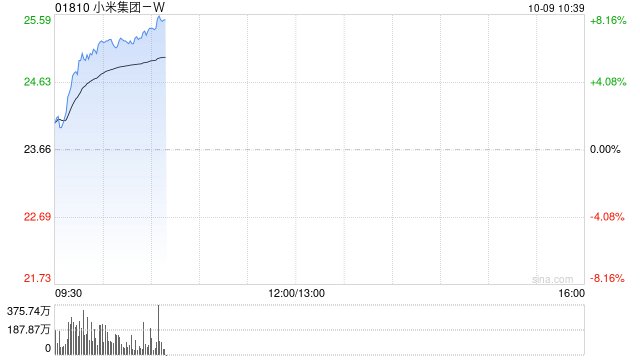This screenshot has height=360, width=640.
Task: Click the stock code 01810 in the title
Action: (x=72, y=8)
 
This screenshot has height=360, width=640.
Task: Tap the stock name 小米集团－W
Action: (x=129, y=8)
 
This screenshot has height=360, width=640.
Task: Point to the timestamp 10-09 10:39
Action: (x=556, y=8)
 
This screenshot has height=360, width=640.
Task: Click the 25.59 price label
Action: (x=38, y=20)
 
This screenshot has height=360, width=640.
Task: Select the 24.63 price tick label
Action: (x=38, y=82)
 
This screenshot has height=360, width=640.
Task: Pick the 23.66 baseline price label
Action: (x=38, y=149)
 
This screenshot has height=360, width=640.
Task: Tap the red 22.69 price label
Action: (x=38, y=216)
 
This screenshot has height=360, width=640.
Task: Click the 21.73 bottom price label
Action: (x=38, y=278)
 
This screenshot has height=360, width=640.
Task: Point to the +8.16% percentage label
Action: (x=608, y=20)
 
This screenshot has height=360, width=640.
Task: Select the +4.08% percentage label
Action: (x=608, y=82)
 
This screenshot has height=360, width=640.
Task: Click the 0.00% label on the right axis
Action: (x=605, y=149)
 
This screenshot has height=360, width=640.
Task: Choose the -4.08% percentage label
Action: (x=607, y=216)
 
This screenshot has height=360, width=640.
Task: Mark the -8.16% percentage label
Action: (x=607, y=278)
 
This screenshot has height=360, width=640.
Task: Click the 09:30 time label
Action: (x=68, y=293)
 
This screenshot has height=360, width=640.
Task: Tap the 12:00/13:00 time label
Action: (x=297, y=293)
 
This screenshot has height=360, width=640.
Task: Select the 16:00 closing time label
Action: (x=571, y=293)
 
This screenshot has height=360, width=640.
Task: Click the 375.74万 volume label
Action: (x=29, y=311)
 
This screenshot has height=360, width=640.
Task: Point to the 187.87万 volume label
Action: (x=29, y=329)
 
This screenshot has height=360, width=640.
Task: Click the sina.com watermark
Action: (x=553, y=279)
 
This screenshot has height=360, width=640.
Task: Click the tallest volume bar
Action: (x=158, y=330)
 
